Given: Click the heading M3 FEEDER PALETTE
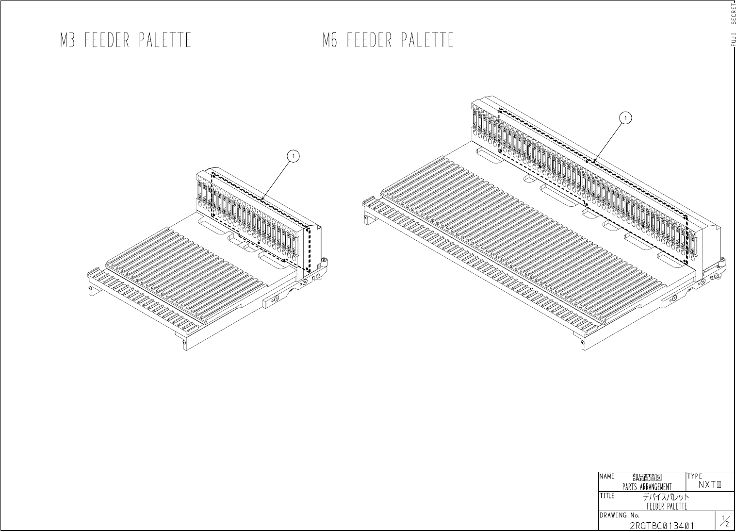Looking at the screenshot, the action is [126, 40].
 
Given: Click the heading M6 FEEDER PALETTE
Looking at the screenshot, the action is [388, 40].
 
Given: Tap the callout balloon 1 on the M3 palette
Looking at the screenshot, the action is [293, 156].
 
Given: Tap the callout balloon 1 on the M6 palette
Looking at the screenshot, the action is [626, 117].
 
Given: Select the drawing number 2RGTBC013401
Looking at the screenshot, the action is [662, 526].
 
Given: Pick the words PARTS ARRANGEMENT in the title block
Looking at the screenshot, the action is [647, 487].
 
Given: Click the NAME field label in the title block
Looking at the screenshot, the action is [607, 477].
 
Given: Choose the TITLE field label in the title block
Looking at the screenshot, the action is [607, 496].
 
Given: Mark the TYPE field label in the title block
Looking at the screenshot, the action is [695, 476].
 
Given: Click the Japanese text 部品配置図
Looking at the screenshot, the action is [647, 478].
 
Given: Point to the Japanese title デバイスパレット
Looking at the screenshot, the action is [666, 498].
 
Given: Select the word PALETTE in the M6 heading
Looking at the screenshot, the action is [427, 40].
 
